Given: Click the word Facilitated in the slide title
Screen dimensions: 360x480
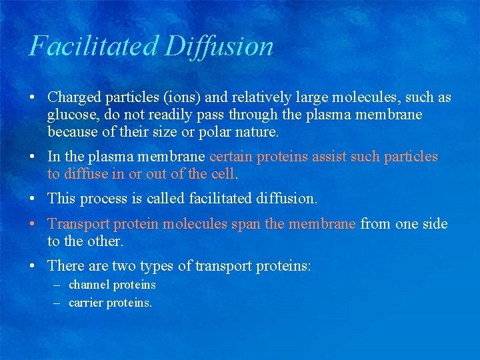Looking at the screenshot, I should point(94,46).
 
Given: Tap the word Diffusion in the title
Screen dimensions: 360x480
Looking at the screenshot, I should point(219,46).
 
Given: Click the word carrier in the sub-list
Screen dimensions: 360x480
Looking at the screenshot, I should point(88,303).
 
